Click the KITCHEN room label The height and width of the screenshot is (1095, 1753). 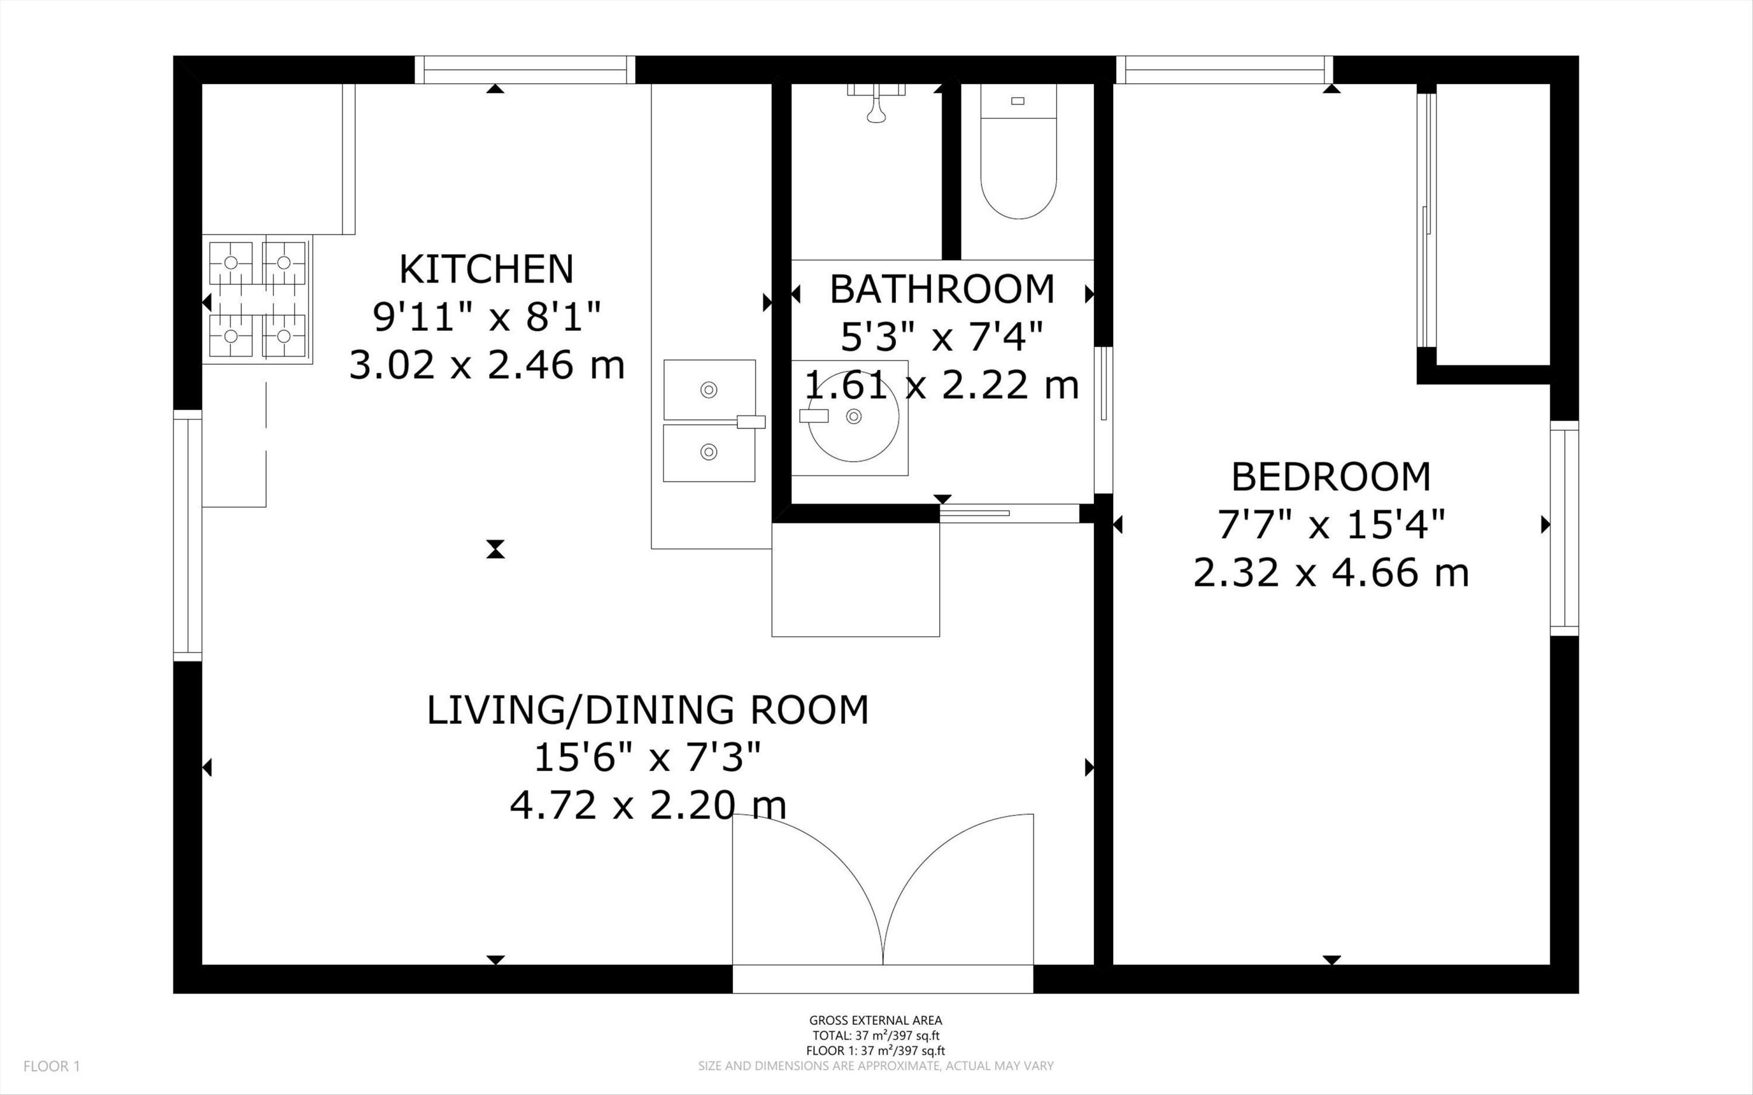click(486, 269)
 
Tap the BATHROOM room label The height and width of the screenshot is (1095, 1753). click(942, 289)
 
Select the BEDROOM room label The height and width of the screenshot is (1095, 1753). click(1331, 477)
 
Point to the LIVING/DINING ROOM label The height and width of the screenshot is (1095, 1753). click(647, 710)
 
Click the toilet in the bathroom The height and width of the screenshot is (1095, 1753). click(1018, 151)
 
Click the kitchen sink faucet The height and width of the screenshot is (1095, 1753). click(750, 421)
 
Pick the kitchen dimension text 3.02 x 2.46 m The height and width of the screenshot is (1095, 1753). click(487, 364)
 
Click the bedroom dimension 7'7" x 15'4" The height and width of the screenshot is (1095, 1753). click(1331, 524)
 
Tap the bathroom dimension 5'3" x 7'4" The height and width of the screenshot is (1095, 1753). click(942, 337)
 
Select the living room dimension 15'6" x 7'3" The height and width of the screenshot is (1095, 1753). click(647, 757)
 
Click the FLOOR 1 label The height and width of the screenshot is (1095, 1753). click(52, 1066)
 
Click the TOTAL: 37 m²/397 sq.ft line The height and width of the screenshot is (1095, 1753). click(875, 1035)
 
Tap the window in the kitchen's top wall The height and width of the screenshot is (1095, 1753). click(525, 70)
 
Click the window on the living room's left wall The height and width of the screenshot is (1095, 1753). click(188, 535)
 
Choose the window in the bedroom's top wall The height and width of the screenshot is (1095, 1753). click(1224, 70)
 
